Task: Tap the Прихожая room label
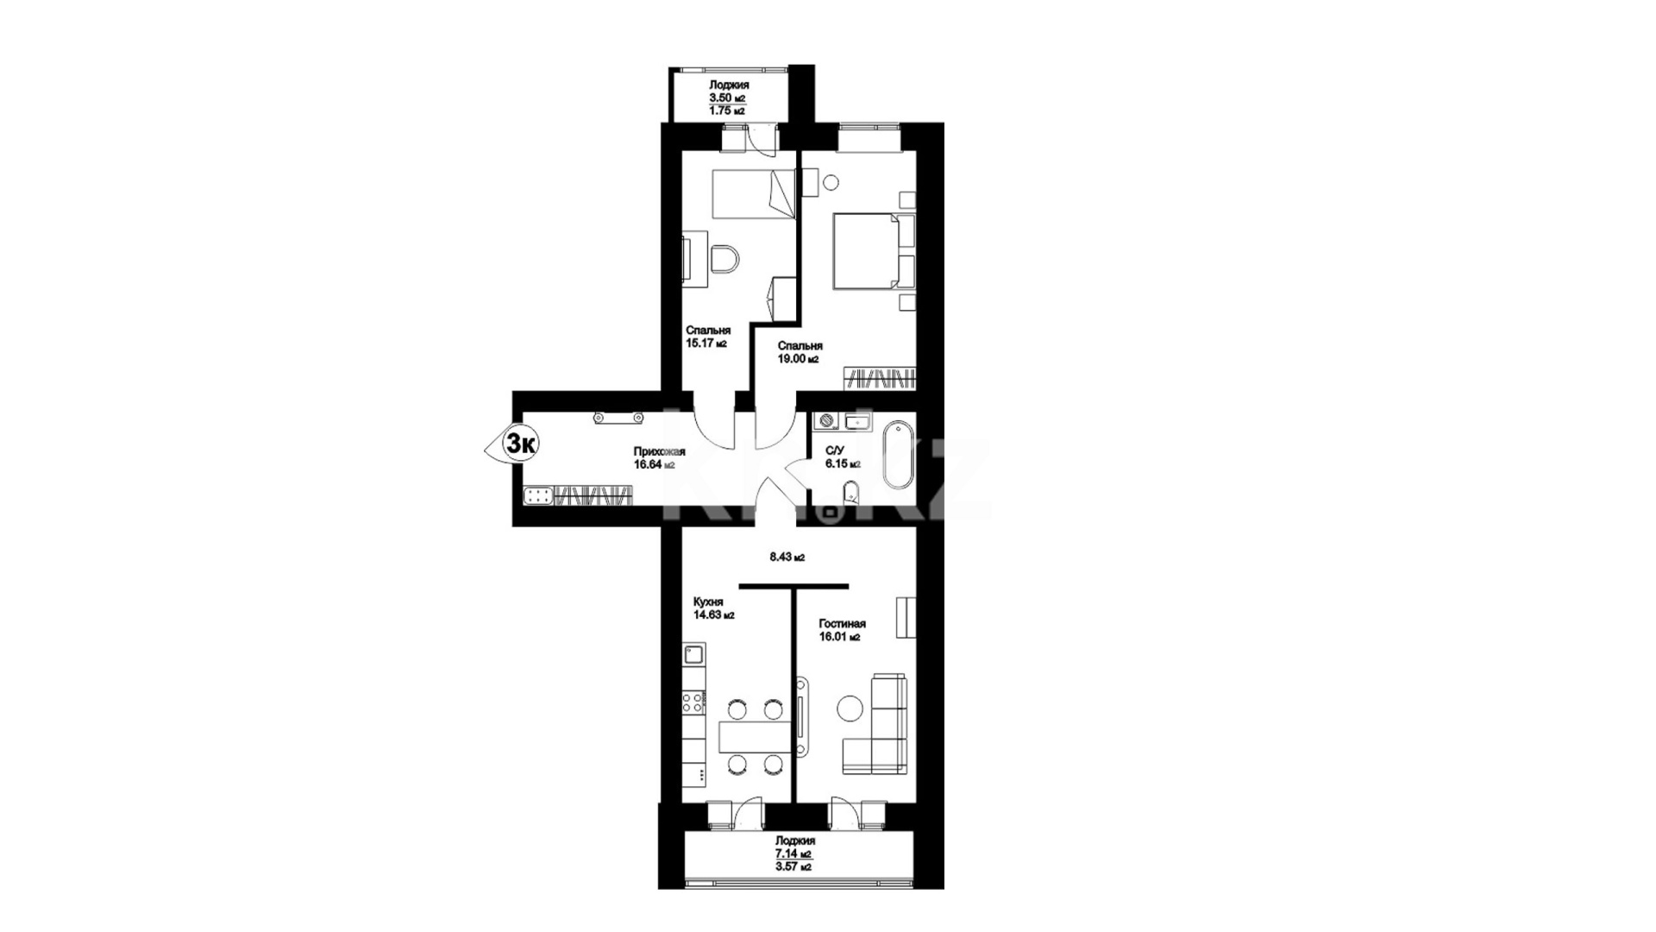tap(659, 451)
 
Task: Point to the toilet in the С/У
tap(850, 495)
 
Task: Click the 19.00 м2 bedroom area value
tap(799, 360)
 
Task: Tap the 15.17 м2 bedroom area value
tap(706, 343)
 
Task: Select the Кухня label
tap(708, 602)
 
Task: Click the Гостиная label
tap(843, 624)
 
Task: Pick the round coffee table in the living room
tap(850, 708)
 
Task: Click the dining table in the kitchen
tap(753, 736)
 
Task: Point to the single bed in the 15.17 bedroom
tap(753, 192)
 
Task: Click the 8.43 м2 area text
tap(787, 557)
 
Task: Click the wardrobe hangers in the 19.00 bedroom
tap(879, 378)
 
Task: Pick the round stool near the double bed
tap(832, 183)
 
